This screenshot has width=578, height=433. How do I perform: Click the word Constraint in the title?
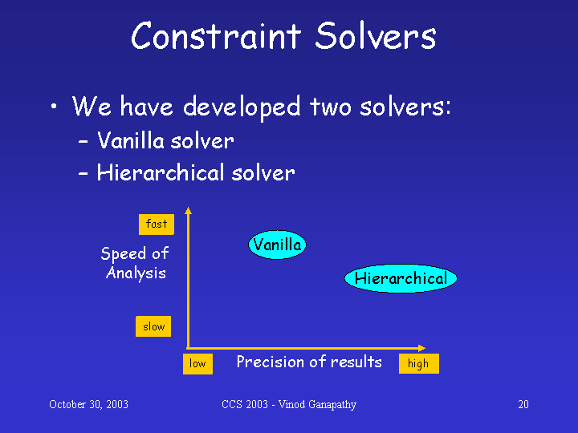pos(217,35)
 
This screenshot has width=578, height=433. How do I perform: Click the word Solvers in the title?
pos(376,35)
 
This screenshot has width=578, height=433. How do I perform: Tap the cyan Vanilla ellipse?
pos(277,245)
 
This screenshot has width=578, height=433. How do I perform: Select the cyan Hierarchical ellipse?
pos(401,278)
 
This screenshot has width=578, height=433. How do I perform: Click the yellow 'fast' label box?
pos(157,225)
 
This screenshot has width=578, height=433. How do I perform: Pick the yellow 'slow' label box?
pos(153,326)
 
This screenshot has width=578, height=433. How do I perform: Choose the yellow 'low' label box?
pos(197,364)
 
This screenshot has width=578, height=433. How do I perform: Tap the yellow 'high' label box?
pos(419,364)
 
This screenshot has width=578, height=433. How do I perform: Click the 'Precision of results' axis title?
pos(309,362)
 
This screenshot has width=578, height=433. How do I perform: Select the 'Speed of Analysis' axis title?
pos(135,264)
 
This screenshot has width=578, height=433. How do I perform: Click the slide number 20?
pos(523,405)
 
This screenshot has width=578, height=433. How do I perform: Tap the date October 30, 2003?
pos(88,405)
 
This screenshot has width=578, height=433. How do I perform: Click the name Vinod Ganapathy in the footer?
pos(317,405)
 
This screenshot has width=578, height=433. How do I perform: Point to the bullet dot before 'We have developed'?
pos(54,107)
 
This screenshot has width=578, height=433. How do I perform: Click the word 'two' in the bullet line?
pos(330,107)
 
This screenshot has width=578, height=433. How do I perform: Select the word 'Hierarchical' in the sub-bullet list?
pos(161,172)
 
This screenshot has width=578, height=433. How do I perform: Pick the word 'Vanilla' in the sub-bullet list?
pos(131,140)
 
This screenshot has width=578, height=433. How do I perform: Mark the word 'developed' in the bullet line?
pos(242,107)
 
